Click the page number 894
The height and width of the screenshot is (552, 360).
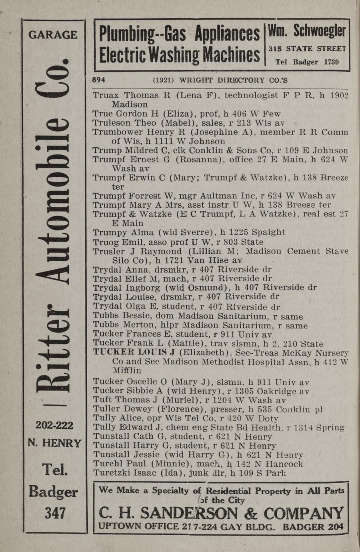coord(99,80)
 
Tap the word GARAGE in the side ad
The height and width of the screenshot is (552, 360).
coord(53,34)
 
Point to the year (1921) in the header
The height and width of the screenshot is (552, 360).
coord(163,80)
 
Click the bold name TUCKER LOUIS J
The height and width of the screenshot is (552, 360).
coord(134,353)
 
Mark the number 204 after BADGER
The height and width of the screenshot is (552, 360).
coord(335,527)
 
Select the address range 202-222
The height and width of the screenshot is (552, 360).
coord(54,425)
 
